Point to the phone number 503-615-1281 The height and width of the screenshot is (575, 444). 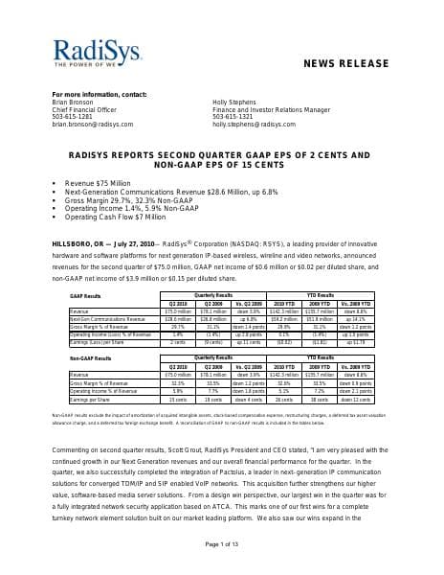coord(72,117)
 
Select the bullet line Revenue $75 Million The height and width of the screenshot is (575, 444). coord(99,182)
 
